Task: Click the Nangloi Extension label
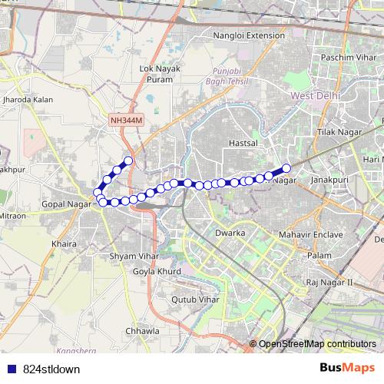point(248,35)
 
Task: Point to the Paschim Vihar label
point(342,58)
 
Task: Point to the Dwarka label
point(230,232)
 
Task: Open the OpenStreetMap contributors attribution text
point(316,344)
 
